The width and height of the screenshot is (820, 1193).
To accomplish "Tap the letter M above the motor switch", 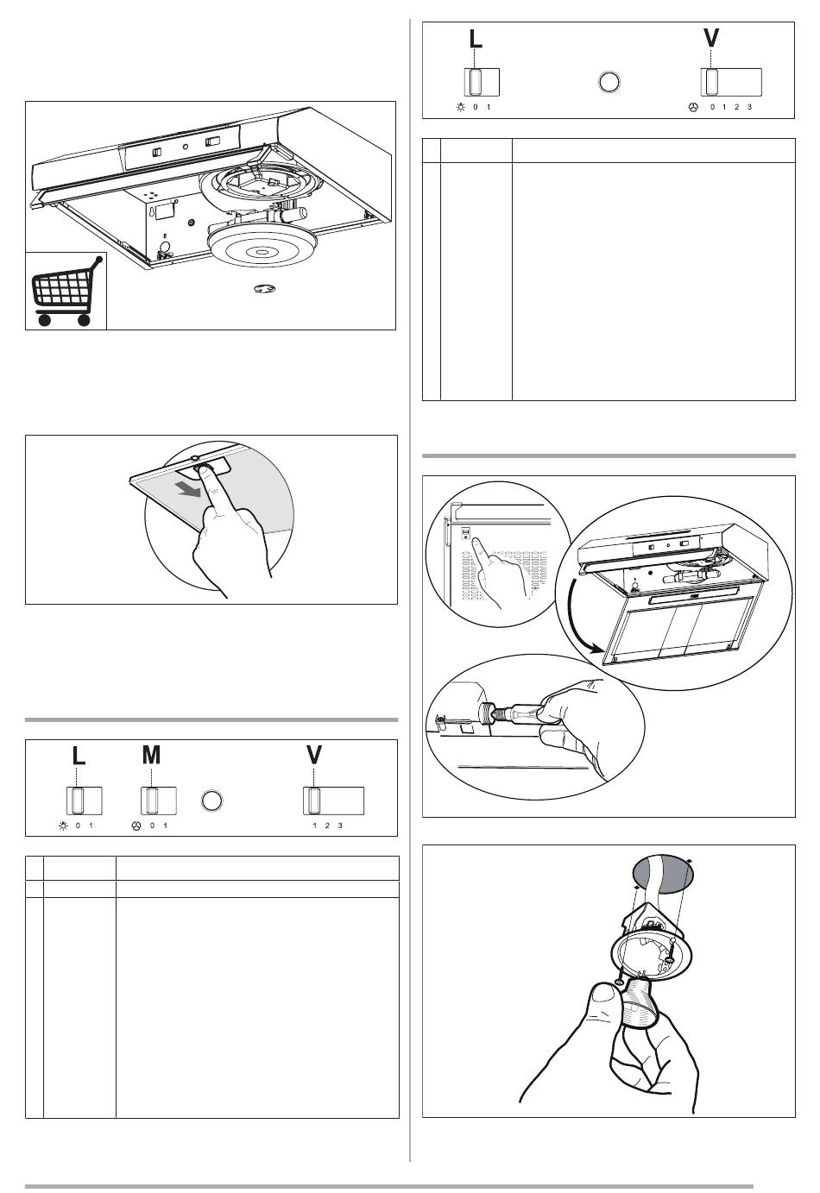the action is [151, 755].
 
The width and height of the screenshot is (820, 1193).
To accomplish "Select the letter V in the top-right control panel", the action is [711, 38].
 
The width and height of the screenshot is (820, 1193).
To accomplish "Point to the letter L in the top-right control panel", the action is [476, 38].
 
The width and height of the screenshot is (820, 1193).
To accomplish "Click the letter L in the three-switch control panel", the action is [79, 755].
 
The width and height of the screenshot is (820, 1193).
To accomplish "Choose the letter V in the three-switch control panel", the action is [314, 755].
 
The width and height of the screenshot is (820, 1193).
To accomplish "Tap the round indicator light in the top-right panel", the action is [609, 82].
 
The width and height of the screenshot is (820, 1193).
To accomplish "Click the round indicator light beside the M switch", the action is [212, 801].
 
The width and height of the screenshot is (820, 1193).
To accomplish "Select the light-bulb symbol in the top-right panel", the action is [460, 107].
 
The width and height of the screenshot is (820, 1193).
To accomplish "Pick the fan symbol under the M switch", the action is [136, 826].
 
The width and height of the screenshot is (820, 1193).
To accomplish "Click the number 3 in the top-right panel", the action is [750, 107].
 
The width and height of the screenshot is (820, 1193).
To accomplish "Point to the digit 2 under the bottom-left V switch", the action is [327, 826].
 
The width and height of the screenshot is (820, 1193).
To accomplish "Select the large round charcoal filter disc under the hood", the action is [261, 251].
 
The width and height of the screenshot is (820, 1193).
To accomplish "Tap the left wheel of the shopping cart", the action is [44, 319].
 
